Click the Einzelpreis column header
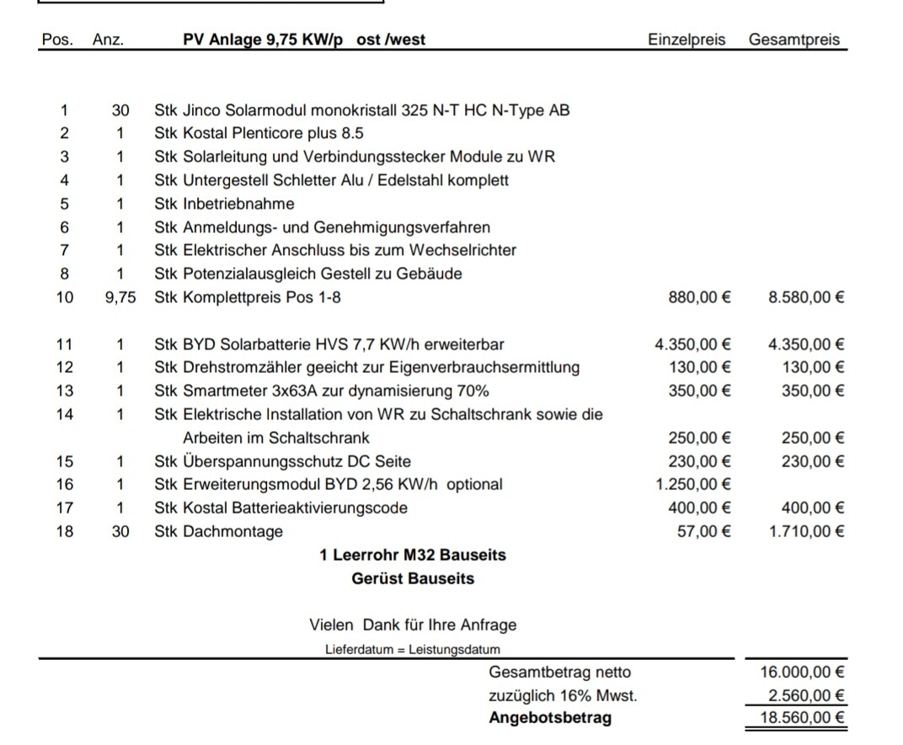[686, 40]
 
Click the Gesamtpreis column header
[793, 40]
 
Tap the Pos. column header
[57, 40]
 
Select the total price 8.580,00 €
[807, 297]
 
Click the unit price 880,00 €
[699, 297]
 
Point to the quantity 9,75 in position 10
[120, 297]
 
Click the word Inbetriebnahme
[238, 204]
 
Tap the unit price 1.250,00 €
[692, 485]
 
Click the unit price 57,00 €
[703, 532]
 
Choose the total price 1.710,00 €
[807, 532]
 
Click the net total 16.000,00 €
[803, 673]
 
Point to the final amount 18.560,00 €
[803, 719]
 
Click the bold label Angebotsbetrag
[550, 719]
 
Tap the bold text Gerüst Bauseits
[413, 579]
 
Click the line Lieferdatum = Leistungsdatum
[412, 650]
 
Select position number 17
[65, 508]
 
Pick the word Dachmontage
[232, 532]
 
